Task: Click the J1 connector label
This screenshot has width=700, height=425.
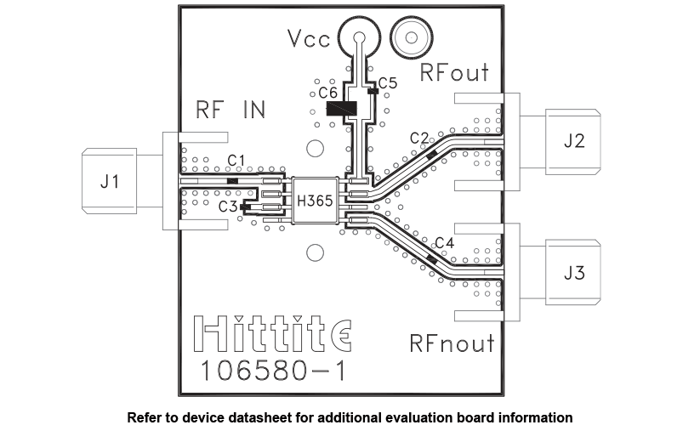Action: point(110,181)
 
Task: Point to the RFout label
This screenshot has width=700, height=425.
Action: point(456,73)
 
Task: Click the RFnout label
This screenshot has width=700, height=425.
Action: point(452,343)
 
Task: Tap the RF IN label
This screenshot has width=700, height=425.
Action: point(230,110)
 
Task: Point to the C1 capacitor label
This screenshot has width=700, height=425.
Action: point(236,160)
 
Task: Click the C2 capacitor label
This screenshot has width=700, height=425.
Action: point(418,137)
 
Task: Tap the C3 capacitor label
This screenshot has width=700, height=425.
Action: point(228,206)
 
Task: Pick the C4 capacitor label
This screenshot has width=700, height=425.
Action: point(444,242)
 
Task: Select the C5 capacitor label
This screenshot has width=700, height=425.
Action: point(388,82)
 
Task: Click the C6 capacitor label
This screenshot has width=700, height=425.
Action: point(328,92)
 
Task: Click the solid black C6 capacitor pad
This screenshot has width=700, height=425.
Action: point(340,110)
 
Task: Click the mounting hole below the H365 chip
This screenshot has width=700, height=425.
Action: point(316,252)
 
